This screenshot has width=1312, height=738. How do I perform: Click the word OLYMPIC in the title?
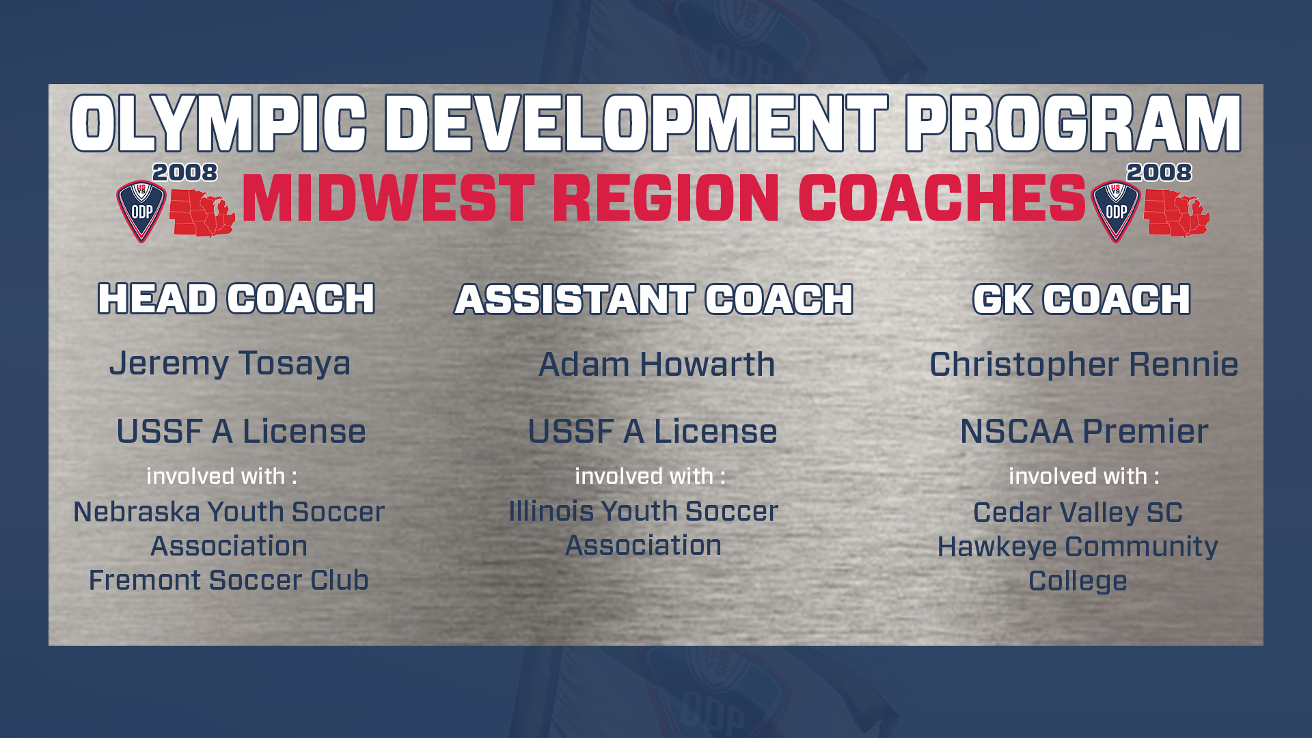click(219, 123)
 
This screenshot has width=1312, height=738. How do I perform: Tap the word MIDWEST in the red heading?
click(388, 198)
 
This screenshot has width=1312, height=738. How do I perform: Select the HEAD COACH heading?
click(236, 299)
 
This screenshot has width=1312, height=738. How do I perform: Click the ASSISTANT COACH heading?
click(654, 299)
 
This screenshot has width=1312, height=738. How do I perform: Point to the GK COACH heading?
click(1082, 299)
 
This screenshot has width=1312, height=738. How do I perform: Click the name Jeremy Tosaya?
click(230, 364)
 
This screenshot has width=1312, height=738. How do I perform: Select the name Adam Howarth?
click(657, 364)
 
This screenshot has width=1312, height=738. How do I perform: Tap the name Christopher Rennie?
click(1084, 364)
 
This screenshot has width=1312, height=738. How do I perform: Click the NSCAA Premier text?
click(1084, 431)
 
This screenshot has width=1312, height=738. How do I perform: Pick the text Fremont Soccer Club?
click(229, 580)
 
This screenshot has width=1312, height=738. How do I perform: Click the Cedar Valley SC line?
click(1078, 512)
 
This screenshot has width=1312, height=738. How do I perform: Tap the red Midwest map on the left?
click(202, 213)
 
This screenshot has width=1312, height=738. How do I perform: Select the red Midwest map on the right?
click(1177, 213)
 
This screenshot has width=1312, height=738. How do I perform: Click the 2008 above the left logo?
click(184, 172)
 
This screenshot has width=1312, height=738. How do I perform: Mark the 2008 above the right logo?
click(1159, 172)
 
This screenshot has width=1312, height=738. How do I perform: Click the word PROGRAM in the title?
click(1074, 123)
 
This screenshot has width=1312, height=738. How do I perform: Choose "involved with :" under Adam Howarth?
click(650, 476)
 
